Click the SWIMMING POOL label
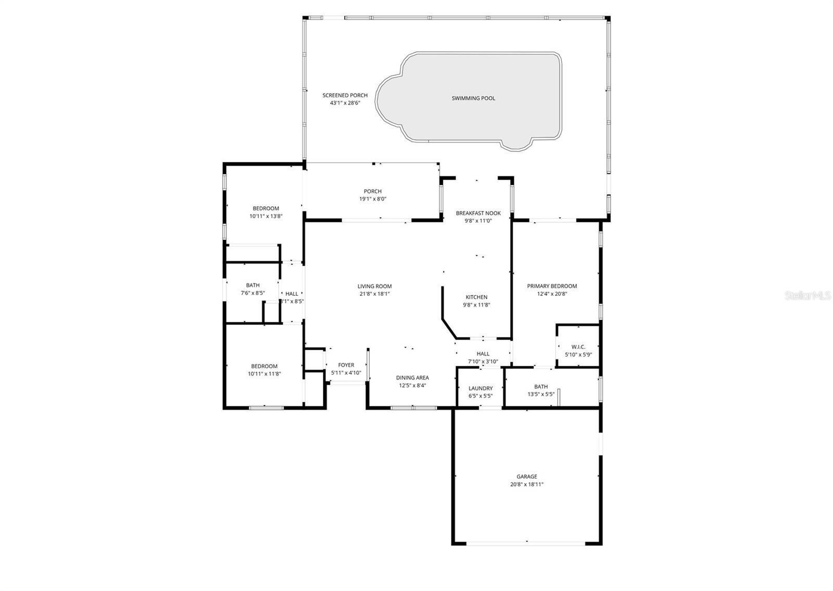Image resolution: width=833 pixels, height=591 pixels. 473,98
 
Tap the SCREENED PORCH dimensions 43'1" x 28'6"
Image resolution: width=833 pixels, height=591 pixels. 345,103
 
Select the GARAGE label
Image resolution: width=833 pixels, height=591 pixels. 526,476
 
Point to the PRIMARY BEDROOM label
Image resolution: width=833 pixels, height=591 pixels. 552,286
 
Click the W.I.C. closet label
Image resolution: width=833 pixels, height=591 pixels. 578,347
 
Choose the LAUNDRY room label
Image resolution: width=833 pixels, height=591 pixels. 480,388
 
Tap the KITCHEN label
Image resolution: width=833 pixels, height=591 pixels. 476,297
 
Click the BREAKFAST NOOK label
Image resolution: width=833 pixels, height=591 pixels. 478,213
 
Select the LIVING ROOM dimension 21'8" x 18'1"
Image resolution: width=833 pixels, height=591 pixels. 374,294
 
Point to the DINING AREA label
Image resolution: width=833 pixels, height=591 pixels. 412,378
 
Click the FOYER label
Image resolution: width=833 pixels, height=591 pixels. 346,365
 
